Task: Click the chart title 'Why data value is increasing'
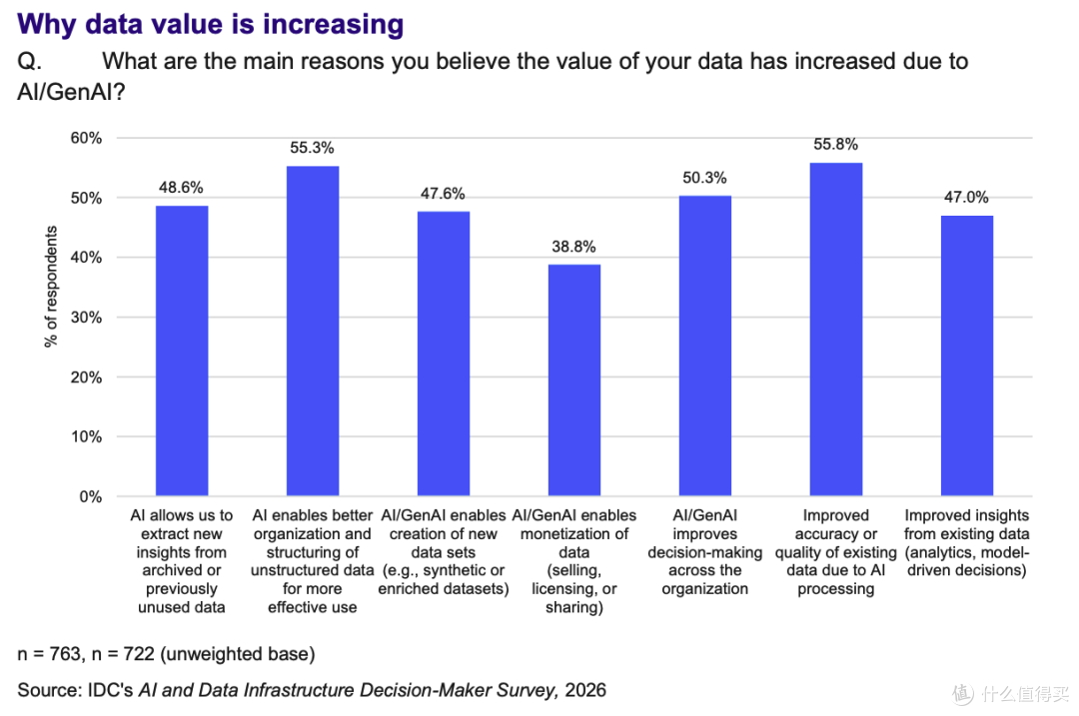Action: click(x=211, y=24)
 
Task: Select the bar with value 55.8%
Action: click(x=835, y=329)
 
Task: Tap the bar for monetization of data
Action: click(x=573, y=379)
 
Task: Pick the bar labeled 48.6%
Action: click(x=182, y=351)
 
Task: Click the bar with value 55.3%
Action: click(x=313, y=331)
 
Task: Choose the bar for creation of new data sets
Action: click(x=444, y=354)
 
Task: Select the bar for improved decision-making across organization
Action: click(x=704, y=346)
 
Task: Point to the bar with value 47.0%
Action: click(x=967, y=356)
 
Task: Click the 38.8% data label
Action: click(x=573, y=247)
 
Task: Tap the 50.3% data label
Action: click(x=704, y=178)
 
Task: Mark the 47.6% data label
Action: click(x=444, y=194)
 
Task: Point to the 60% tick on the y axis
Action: click(x=86, y=138)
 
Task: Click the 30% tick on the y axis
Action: click(x=86, y=318)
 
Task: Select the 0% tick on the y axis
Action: click(x=90, y=496)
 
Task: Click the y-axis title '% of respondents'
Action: click(x=51, y=287)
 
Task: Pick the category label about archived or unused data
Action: click(x=182, y=561)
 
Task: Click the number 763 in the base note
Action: click(x=65, y=654)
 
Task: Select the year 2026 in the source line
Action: click(x=585, y=690)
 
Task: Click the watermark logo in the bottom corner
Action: click(x=963, y=693)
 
